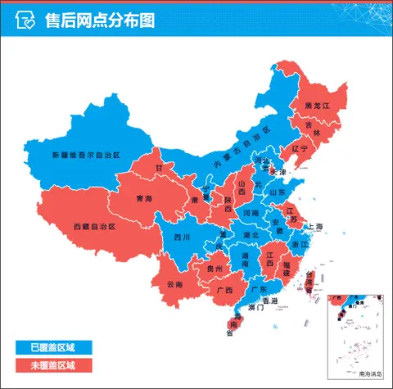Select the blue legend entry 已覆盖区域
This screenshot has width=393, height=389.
pos(53,348)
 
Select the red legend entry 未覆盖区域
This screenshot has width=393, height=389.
pos(53,365)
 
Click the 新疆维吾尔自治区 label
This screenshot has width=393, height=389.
pos(86,155)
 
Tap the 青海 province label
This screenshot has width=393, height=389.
pos(144,198)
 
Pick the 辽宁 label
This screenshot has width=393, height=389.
pos(299,149)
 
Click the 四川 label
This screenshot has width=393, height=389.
pos(181,237)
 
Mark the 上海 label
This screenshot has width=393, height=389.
pos(314,226)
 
